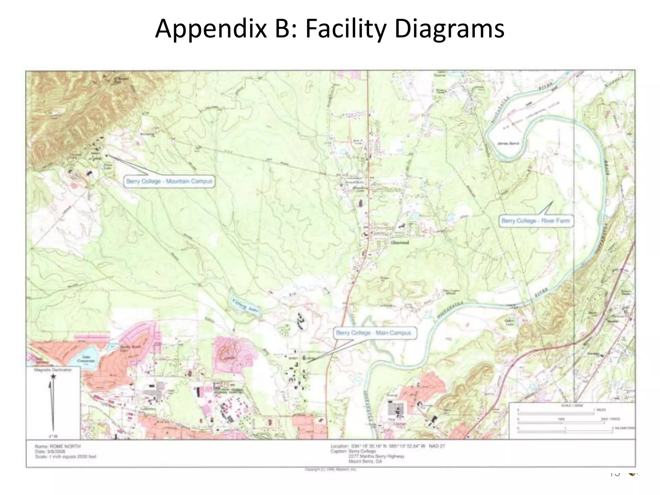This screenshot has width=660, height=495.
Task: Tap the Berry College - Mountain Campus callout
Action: tap(169, 181)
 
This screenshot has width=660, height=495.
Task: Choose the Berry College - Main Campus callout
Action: tap(374, 333)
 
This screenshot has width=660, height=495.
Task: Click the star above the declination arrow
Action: tap(53, 376)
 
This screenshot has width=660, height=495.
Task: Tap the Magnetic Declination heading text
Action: tap(53, 370)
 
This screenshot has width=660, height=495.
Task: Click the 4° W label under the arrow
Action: tap(53, 436)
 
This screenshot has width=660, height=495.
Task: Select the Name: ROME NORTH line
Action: tap(58, 446)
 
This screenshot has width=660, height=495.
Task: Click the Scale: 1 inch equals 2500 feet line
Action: tap(66, 457)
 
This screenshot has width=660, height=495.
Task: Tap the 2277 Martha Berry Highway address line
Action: tap(376, 456)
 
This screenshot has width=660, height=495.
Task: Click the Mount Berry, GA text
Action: tap(365, 461)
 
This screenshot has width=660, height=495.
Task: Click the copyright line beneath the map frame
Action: tap(330, 470)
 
